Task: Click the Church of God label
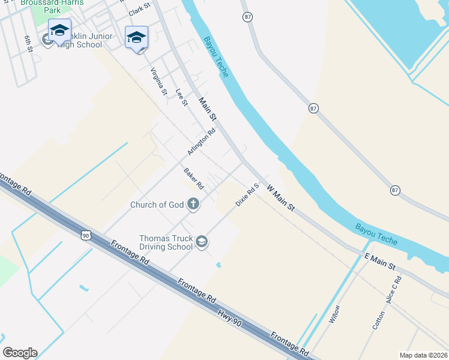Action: (x=157, y=205)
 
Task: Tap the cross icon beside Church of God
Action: (x=193, y=205)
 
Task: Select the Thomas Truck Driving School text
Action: (x=166, y=242)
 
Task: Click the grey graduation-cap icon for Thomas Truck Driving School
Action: (x=202, y=242)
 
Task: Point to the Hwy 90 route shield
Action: (x=86, y=235)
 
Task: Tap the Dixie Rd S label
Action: (x=247, y=196)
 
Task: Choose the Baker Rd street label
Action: (x=194, y=179)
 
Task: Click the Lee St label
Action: (x=181, y=98)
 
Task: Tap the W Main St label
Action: (x=281, y=198)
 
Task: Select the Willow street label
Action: (x=334, y=314)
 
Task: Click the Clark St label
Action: (x=139, y=10)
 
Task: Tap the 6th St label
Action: (x=28, y=44)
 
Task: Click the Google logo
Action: (x=20, y=353)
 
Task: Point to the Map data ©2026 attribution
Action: (x=423, y=355)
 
